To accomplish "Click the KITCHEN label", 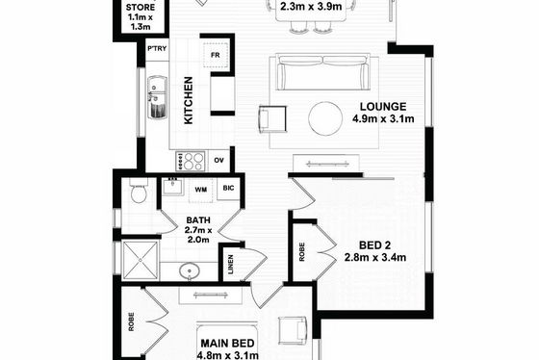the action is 189,100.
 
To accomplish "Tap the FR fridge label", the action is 216,55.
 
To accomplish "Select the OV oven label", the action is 219,160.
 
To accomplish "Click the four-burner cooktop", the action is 191,162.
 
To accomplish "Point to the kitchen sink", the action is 157,97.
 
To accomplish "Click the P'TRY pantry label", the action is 157,48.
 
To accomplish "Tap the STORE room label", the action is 141,8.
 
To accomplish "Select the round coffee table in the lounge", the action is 325,118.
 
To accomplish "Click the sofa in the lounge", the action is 323,72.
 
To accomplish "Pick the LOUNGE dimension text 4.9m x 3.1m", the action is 383,119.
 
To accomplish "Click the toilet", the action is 139,192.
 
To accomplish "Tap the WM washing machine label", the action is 201,190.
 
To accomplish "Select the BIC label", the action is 228,188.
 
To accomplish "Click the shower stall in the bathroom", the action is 141,260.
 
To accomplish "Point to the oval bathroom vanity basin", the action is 189,270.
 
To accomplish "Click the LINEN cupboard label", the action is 231,265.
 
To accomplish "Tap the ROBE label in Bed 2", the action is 302,252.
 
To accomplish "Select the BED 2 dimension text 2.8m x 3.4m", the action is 375,257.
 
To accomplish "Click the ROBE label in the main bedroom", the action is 131,321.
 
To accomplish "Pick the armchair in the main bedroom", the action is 293,330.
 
